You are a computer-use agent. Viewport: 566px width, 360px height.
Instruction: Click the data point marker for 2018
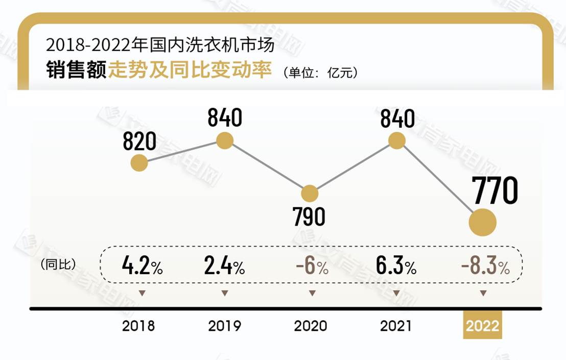tap(139, 163)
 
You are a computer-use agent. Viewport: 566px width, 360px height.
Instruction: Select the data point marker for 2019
tap(225, 140)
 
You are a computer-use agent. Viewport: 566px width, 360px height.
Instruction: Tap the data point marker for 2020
tap(310, 194)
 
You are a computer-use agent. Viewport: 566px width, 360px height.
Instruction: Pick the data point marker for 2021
tap(397, 140)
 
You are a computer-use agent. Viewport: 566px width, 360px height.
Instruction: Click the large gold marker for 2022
tap(483, 223)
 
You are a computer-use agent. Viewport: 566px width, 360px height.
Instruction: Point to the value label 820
tap(139, 141)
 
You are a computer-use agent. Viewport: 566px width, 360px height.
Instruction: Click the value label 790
tap(309, 217)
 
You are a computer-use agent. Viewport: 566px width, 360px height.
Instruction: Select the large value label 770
tap(494, 191)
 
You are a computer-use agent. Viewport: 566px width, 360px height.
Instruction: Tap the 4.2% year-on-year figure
tap(142, 267)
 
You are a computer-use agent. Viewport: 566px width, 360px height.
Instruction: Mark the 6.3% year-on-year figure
tap(396, 267)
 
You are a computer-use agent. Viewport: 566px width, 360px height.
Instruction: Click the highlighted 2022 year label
tap(483, 326)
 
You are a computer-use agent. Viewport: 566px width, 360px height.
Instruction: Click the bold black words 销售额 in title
tap(76, 70)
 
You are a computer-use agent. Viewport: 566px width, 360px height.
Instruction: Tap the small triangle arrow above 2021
tap(396, 293)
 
